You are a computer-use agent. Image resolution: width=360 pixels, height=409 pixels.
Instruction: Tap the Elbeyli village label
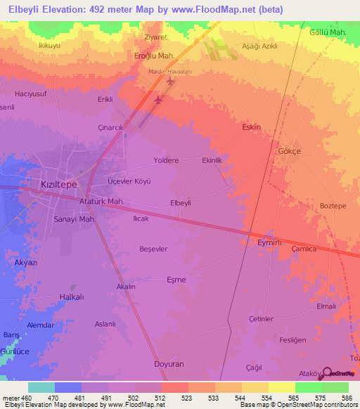coord(181,203)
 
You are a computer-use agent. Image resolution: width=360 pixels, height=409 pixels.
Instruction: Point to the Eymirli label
coord(269,242)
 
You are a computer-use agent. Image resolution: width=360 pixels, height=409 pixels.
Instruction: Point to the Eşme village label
coord(176,280)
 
